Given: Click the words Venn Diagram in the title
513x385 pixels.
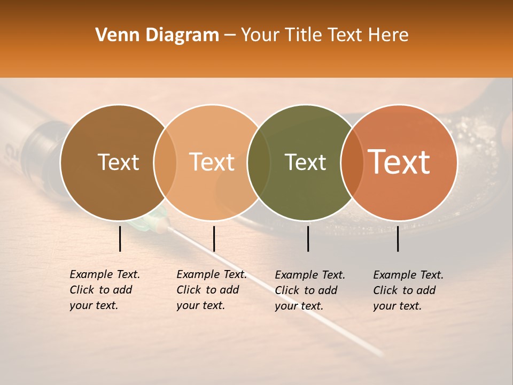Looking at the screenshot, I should (x=157, y=35).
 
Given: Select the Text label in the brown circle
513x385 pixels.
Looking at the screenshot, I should (x=118, y=163).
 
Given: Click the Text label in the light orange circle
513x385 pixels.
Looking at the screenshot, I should (x=212, y=163).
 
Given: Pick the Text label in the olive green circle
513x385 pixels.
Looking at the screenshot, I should (x=305, y=163).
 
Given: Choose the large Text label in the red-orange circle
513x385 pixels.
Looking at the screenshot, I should (x=399, y=162).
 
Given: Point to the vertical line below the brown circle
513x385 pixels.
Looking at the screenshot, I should (x=120, y=238).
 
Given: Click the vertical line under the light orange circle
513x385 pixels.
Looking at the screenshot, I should (x=214, y=238).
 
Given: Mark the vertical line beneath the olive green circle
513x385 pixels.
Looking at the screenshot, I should (x=308, y=238).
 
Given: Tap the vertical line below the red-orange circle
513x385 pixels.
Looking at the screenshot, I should (x=398, y=238).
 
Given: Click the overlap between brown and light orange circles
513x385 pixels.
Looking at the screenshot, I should (x=165, y=163).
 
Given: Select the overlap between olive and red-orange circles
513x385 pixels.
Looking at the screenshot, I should (x=352, y=163).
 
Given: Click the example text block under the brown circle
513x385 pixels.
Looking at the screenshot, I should (x=104, y=290).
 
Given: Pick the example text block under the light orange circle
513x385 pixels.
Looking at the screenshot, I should (x=211, y=290).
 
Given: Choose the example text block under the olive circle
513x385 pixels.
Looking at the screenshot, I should (x=309, y=290).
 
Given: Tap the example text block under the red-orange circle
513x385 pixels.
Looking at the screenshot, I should (x=408, y=290).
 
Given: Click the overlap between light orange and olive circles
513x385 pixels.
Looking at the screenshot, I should (x=259, y=163).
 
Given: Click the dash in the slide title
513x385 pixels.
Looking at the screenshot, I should (x=230, y=36).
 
